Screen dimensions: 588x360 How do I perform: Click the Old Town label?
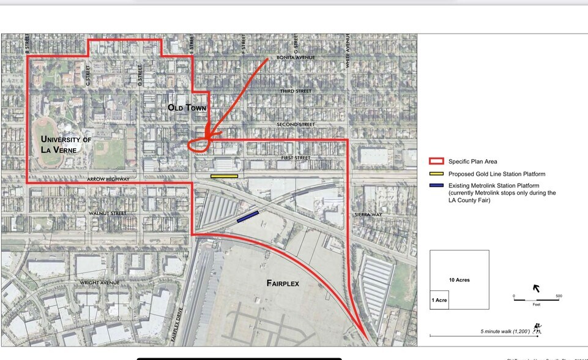click(187, 108)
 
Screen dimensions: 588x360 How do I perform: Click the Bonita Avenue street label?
click(296, 58)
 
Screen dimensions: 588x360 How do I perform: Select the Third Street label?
click(296, 91)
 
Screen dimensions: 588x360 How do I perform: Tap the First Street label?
click(296, 158)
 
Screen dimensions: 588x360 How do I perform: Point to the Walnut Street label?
click(107, 213)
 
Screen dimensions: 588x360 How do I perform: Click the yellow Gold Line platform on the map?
click(224, 176)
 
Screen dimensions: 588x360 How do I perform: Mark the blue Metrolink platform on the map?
click(247, 216)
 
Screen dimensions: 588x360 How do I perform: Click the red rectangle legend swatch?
click(436, 162)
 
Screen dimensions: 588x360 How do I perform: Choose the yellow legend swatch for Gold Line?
click(436, 174)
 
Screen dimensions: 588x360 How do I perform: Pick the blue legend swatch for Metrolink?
click(436, 185)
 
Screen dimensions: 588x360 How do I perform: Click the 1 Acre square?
click(439, 299)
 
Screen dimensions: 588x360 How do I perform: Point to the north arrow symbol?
click(537, 288)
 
